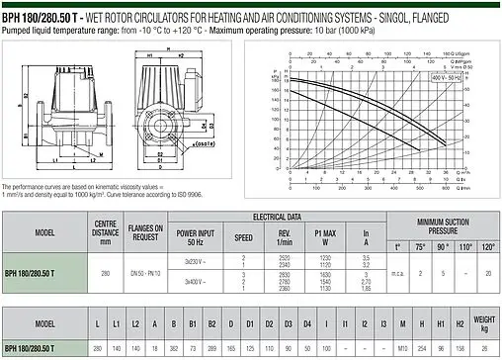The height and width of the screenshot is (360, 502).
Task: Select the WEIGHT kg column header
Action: pos(483,324)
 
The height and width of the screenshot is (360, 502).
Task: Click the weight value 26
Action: pos(483,349)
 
